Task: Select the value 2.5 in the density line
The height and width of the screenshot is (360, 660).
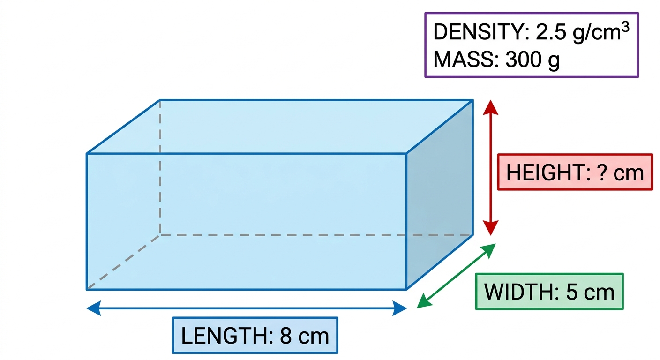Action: tap(551, 32)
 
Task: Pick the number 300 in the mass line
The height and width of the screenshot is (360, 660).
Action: tap(523, 60)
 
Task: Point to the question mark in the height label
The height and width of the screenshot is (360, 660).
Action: tap(602, 172)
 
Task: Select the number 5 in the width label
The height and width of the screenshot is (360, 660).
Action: tap(571, 292)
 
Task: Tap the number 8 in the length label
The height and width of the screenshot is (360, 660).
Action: tap(285, 336)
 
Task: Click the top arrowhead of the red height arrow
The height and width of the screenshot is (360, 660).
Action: tap(491, 107)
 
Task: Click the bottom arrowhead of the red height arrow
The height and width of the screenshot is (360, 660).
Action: tap(491, 228)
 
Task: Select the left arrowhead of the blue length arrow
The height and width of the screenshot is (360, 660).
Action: tap(94, 308)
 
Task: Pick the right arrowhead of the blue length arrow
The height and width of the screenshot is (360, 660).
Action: tap(400, 308)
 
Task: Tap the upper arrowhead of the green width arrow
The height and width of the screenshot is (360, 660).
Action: tap(489, 250)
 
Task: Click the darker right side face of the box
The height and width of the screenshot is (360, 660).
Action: tap(440, 195)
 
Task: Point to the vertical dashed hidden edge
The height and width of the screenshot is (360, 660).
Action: tap(160, 168)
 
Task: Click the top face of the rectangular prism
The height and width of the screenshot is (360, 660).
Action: tap(280, 127)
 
